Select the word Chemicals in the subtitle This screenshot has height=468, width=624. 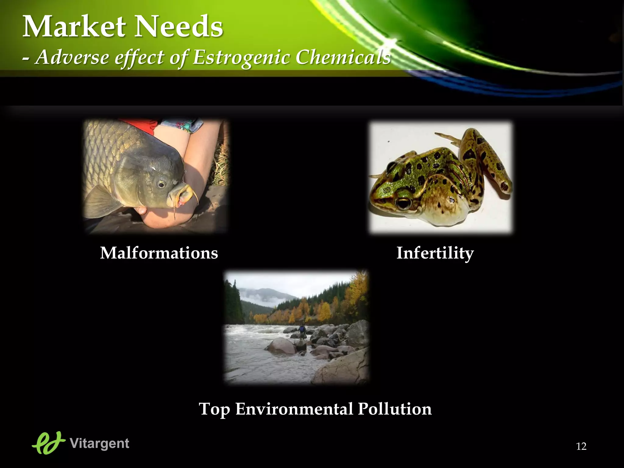tap(343, 57)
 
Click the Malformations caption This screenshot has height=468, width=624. tap(159, 253)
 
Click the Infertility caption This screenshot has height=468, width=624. tap(435, 253)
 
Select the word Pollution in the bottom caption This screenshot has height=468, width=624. tap(395, 409)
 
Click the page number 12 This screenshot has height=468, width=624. tap(581, 446)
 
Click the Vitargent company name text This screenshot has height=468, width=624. tap(99, 443)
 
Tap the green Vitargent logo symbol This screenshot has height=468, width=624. tap(49, 443)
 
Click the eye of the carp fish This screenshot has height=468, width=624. tap(161, 184)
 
